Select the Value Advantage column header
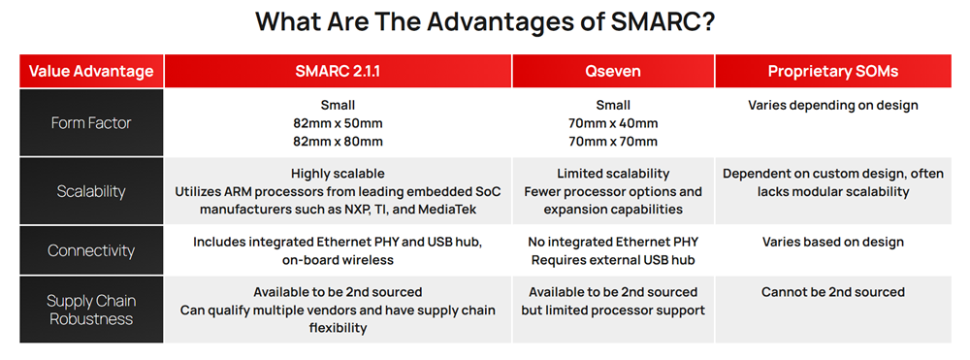click(91, 71)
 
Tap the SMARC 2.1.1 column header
click(338, 71)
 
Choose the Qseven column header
click(612, 71)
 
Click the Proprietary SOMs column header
click(833, 71)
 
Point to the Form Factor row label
click(91, 123)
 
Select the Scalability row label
click(91, 191)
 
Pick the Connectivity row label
click(91, 250)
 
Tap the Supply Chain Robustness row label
click(91, 310)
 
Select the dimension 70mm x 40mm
click(612, 123)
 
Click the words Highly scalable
click(338, 173)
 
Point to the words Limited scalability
click(612, 173)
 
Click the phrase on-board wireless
click(338, 260)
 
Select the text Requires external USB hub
click(612, 260)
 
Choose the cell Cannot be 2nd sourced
click(833, 292)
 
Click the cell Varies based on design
click(833, 242)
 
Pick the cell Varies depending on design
click(833, 105)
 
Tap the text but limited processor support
click(612, 311)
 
